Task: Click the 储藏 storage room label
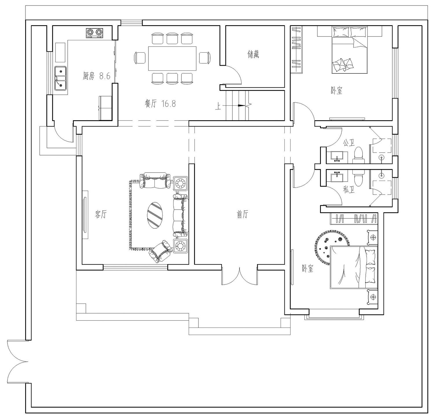point(253,54)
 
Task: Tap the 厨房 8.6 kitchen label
point(96,76)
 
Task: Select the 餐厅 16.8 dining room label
point(160,103)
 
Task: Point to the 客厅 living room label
point(101,215)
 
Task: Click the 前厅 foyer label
point(242,215)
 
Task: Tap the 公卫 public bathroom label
point(349,143)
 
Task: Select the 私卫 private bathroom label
point(349,190)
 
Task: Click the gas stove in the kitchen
point(95,33)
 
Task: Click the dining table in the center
point(172,58)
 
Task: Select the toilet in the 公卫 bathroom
point(358,155)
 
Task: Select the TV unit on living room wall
point(85,215)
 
